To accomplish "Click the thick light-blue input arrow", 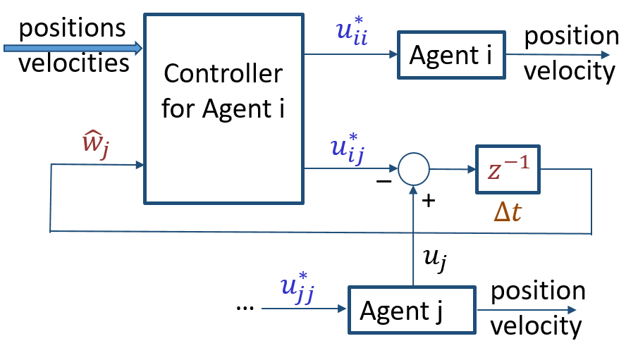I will click(x=70, y=48).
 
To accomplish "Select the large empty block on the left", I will click(x=223, y=109).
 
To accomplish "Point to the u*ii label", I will click(x=351, y=32).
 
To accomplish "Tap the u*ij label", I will click(x=347, y=149).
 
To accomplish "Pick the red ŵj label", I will click(x=95, y=144).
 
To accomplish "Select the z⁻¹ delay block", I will click(x=508, y=169).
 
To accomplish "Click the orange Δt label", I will click(x=507, y=211).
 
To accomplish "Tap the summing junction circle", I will click(x=414, y=169).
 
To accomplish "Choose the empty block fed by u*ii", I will click(x=451, y=55).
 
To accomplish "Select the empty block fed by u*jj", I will click(x=412, y=310).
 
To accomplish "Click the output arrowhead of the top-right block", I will click(x=605, y=55).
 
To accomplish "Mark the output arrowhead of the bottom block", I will click(x=572, y=310).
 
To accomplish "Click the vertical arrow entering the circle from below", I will click(x=413, y=232).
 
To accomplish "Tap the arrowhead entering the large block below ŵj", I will click(x=140, y=165).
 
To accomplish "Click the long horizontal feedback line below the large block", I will click(x=317, y=232).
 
